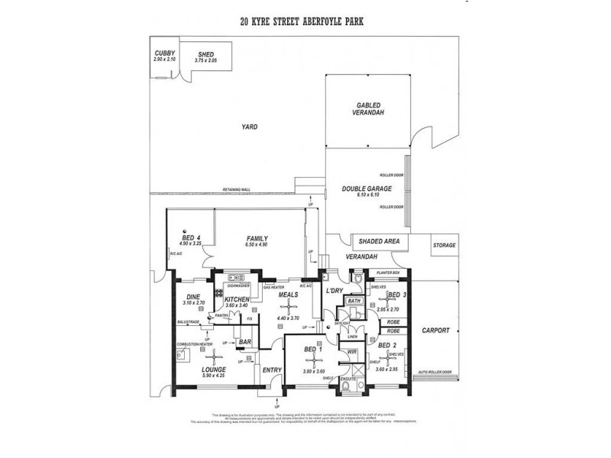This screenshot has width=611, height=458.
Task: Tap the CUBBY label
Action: pos(165,53)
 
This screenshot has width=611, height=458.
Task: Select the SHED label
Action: pos(205,54)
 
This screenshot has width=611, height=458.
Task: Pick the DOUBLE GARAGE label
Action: pos(368,189)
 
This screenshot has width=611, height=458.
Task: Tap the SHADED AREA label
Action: pos(380,241)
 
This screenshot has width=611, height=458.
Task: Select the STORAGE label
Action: pos(444,245)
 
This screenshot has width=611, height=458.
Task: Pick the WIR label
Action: pos(352,352)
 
